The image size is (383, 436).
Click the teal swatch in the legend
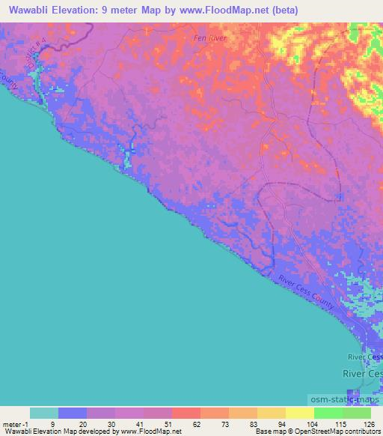point(44,413)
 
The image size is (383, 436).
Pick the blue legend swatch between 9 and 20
point(73,413)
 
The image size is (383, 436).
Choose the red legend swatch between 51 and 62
point(186,413)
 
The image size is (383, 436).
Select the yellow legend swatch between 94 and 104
point(299,413)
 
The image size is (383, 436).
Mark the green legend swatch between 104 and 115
point(328,413)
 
